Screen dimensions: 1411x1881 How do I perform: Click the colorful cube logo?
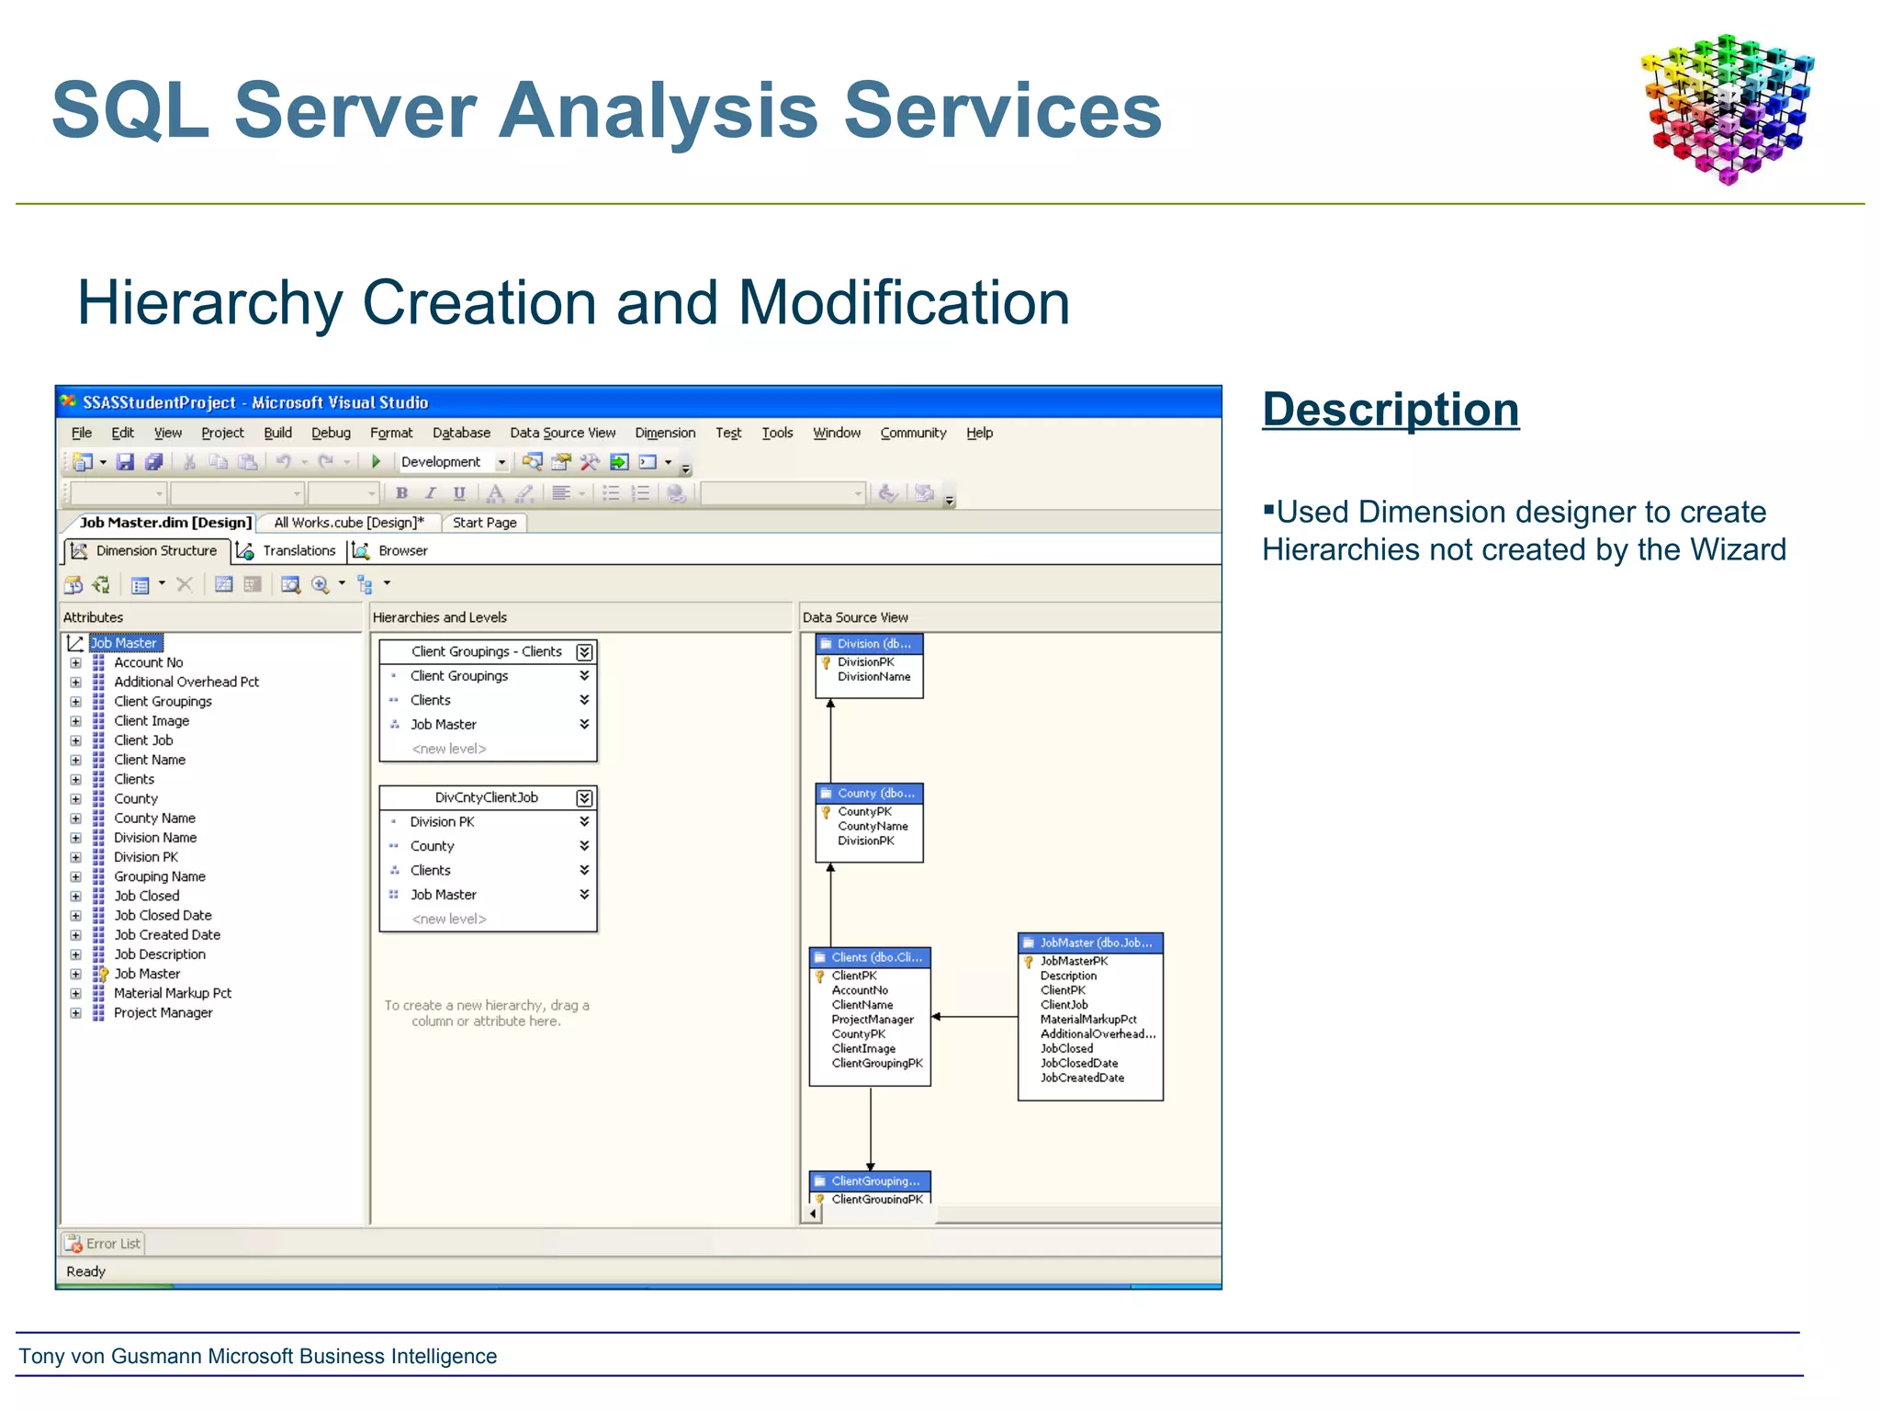[x=1727, y=108]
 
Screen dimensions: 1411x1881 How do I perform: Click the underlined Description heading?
[x=1390, y=410]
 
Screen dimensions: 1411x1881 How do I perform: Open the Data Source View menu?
[x=562, y=433]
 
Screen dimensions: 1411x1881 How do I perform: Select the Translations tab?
[x=298, y=550]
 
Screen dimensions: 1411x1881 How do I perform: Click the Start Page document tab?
[x=484, y=523]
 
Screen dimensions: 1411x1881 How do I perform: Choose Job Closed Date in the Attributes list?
[x=163, y=915]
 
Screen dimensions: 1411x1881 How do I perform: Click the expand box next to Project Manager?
[x=76, y=1013]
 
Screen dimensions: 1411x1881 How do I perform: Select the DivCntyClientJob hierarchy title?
[x=486, y=797]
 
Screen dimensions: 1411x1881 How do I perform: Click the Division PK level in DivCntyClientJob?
[x=442, y=821]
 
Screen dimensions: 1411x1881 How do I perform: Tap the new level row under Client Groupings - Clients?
[x=448, y=749]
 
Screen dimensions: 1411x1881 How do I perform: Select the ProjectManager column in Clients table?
[x=872, y=1020]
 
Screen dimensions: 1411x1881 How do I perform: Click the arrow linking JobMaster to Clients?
[x=974, y=1017]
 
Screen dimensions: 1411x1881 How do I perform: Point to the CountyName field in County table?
[x=873, y=826]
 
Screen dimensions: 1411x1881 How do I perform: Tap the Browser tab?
[x=401, y=550]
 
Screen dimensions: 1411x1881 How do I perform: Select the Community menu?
[x=912, y=433]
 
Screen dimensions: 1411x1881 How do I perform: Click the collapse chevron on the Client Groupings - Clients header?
[x=584, y=652]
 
